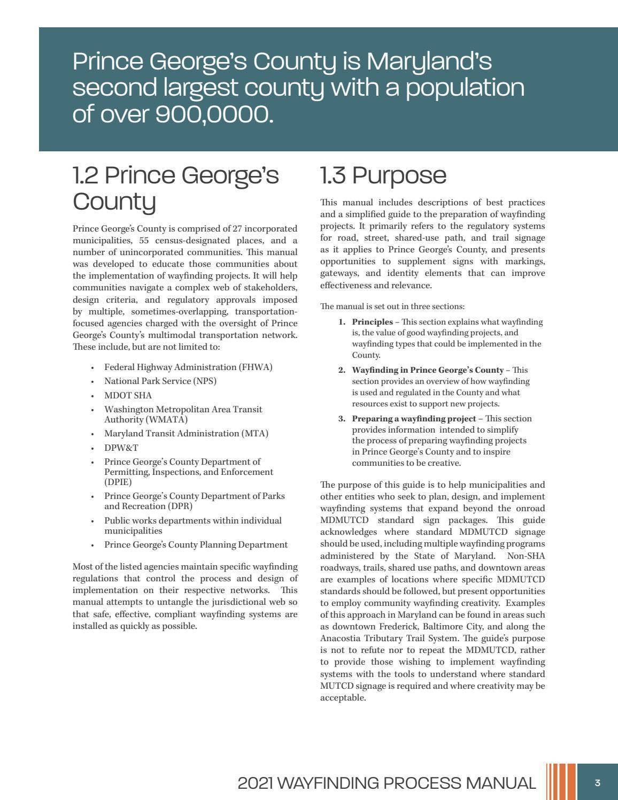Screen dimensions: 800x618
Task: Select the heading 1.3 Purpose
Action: click(x=383, y=175)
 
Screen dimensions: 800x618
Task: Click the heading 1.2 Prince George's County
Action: click(x=175, y=188)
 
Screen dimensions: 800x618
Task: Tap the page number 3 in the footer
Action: click(x=597, y=783)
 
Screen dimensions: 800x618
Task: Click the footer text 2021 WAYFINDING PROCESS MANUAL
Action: click(x=387, y=783)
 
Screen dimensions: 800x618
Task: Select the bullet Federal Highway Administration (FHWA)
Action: click(x=188, y=367)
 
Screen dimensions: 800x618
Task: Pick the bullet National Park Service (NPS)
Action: click(x=160, y=381)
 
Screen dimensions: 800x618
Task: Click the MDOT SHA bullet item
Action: click(x=128, y=396)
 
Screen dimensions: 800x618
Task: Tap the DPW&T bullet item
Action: click(x=121, y=448)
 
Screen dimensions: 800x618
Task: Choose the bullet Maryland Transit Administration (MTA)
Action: click(x=186, y=434)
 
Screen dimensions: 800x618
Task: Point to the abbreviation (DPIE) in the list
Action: click(x=118, y=482)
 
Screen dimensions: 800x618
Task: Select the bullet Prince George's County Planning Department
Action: click(x=196, y=545)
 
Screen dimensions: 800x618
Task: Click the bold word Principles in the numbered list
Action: click(x=372, y=322)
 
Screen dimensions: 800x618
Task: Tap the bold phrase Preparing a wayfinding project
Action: click(x=413, y=419)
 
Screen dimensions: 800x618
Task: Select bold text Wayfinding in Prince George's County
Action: click(x=427, y=370)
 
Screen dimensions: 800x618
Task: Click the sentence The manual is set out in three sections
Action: click(x=392, y=306)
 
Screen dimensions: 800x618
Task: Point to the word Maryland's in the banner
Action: click(x=429, y=61)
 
